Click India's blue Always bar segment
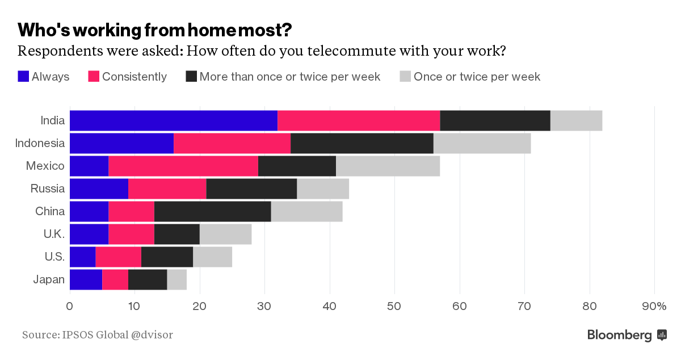(x=174, y=120)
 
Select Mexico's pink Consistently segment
(x=183, y=166)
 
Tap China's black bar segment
(x=212, y=211)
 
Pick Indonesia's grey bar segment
(x=482, y=143)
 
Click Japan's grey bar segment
(x=176, y=279)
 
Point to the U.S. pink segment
(x=118, y=257)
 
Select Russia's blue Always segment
(x=99, y=189)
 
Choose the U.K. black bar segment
(x=176, y=234)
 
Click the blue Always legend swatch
(x=23, y=77)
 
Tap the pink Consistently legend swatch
(x=94, y=77)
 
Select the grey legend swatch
(x=405, y=77)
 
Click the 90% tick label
(x=654, y=307)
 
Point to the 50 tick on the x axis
(x=395, y=307)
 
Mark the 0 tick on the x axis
(x=70, y=307)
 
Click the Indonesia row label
(x=40, y=143)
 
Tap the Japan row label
(x=49, y=279)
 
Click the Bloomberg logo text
(x=620, y=335)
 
